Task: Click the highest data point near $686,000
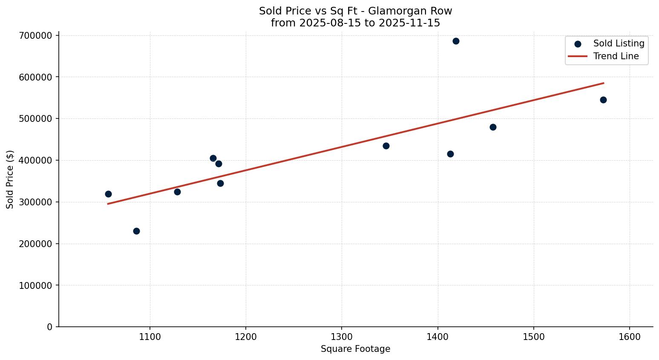click(x=456, y=41)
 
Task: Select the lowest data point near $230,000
click(x=136, y=231)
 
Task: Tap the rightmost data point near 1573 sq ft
click(x=603, y=100)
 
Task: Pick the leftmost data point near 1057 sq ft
click(x=108, y=194)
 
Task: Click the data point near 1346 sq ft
click(x=386, y=146)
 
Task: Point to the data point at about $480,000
click(x=493, y=127)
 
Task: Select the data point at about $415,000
click(x=450, y=154)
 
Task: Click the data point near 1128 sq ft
click(x=177, y=192)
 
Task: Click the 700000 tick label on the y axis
click(x=36, y=35)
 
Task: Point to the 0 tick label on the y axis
click(x=50, y=327)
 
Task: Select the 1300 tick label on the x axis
click(x=342, y=337)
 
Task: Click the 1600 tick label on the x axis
click(x=630, y=337)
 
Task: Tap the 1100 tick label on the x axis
click(x=150, y=337)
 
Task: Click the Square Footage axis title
click(x=355, y=349)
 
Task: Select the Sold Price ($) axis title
click(x=10, y=179)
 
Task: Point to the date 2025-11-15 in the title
click(x=409, y=23)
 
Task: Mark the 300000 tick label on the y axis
click(x=36, y=202)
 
